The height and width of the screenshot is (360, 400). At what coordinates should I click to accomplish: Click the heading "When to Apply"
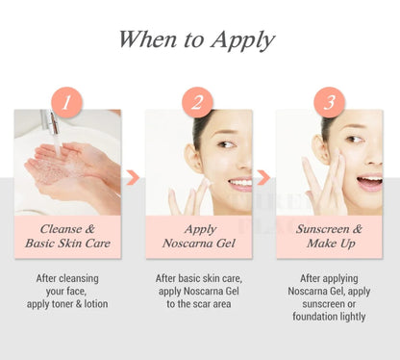(x=197, y=39)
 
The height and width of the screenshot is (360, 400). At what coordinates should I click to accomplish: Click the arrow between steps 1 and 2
(x=133, y=178)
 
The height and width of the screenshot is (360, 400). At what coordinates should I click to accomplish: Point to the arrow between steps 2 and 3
(x=263, y=178)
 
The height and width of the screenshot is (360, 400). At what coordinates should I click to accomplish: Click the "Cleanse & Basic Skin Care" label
(x=67, y=236)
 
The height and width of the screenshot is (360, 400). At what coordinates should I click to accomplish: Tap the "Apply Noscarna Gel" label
(x=198, y=236)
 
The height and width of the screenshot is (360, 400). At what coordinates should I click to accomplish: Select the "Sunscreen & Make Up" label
(x=329, y=236)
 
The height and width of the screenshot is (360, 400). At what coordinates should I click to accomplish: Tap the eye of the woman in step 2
(x=224, y=147)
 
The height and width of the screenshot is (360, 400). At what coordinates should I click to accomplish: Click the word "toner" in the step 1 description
(x=70, y=303)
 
